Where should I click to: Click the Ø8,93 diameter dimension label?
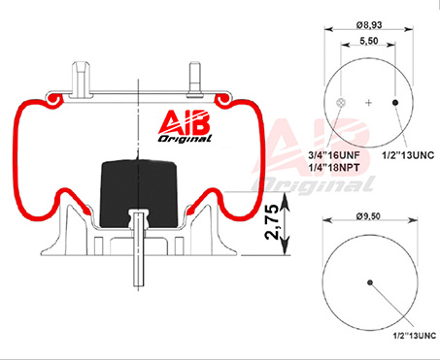[369, 24]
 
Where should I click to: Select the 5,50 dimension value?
[369, 41]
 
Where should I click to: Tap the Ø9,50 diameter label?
[368, 216]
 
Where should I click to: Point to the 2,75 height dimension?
[272, 222]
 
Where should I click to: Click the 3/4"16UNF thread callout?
[334, 155]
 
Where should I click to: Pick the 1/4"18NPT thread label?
[334, 167]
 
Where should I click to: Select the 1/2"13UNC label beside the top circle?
[408, 155]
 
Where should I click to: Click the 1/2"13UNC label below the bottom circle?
[415, 336]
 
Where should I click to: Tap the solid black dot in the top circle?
[395, 103]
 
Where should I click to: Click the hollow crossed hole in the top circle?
[341, 103]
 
